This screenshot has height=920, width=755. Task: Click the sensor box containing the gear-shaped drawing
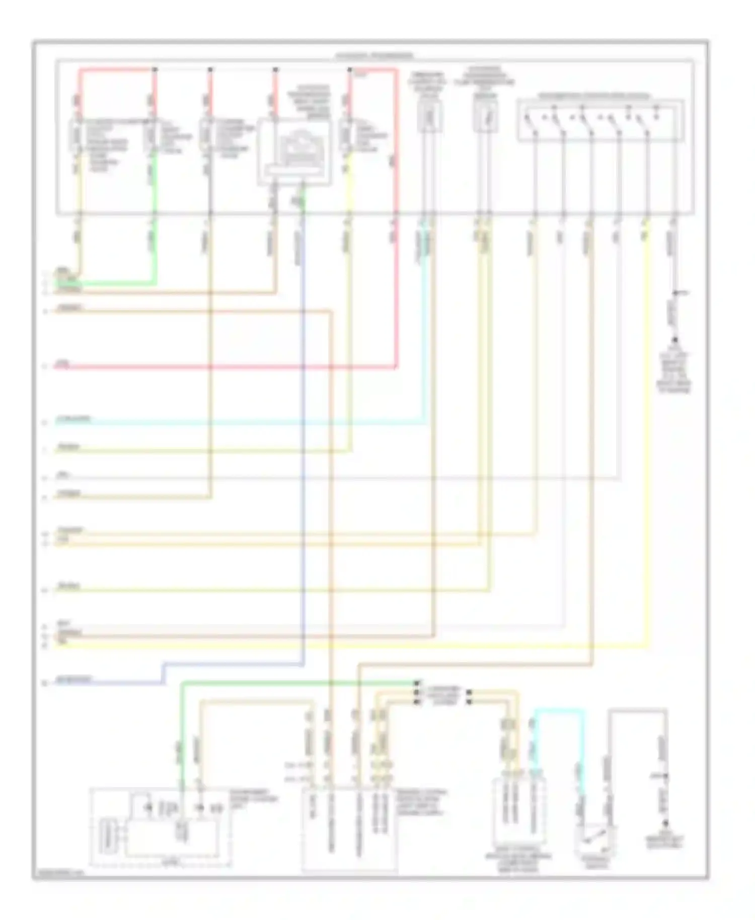[294, 151]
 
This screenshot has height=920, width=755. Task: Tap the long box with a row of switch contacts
[600, 121]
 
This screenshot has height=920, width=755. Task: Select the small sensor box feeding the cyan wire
[429, 117]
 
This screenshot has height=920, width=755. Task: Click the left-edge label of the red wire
[62, 363]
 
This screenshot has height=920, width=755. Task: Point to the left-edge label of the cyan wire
[73, 419]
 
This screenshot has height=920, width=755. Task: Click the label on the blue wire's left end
[73, 679]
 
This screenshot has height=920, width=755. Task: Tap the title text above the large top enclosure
[374, 55]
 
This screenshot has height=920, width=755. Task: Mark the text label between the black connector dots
[443, 695]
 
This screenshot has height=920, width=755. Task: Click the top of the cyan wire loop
[559, 710]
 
